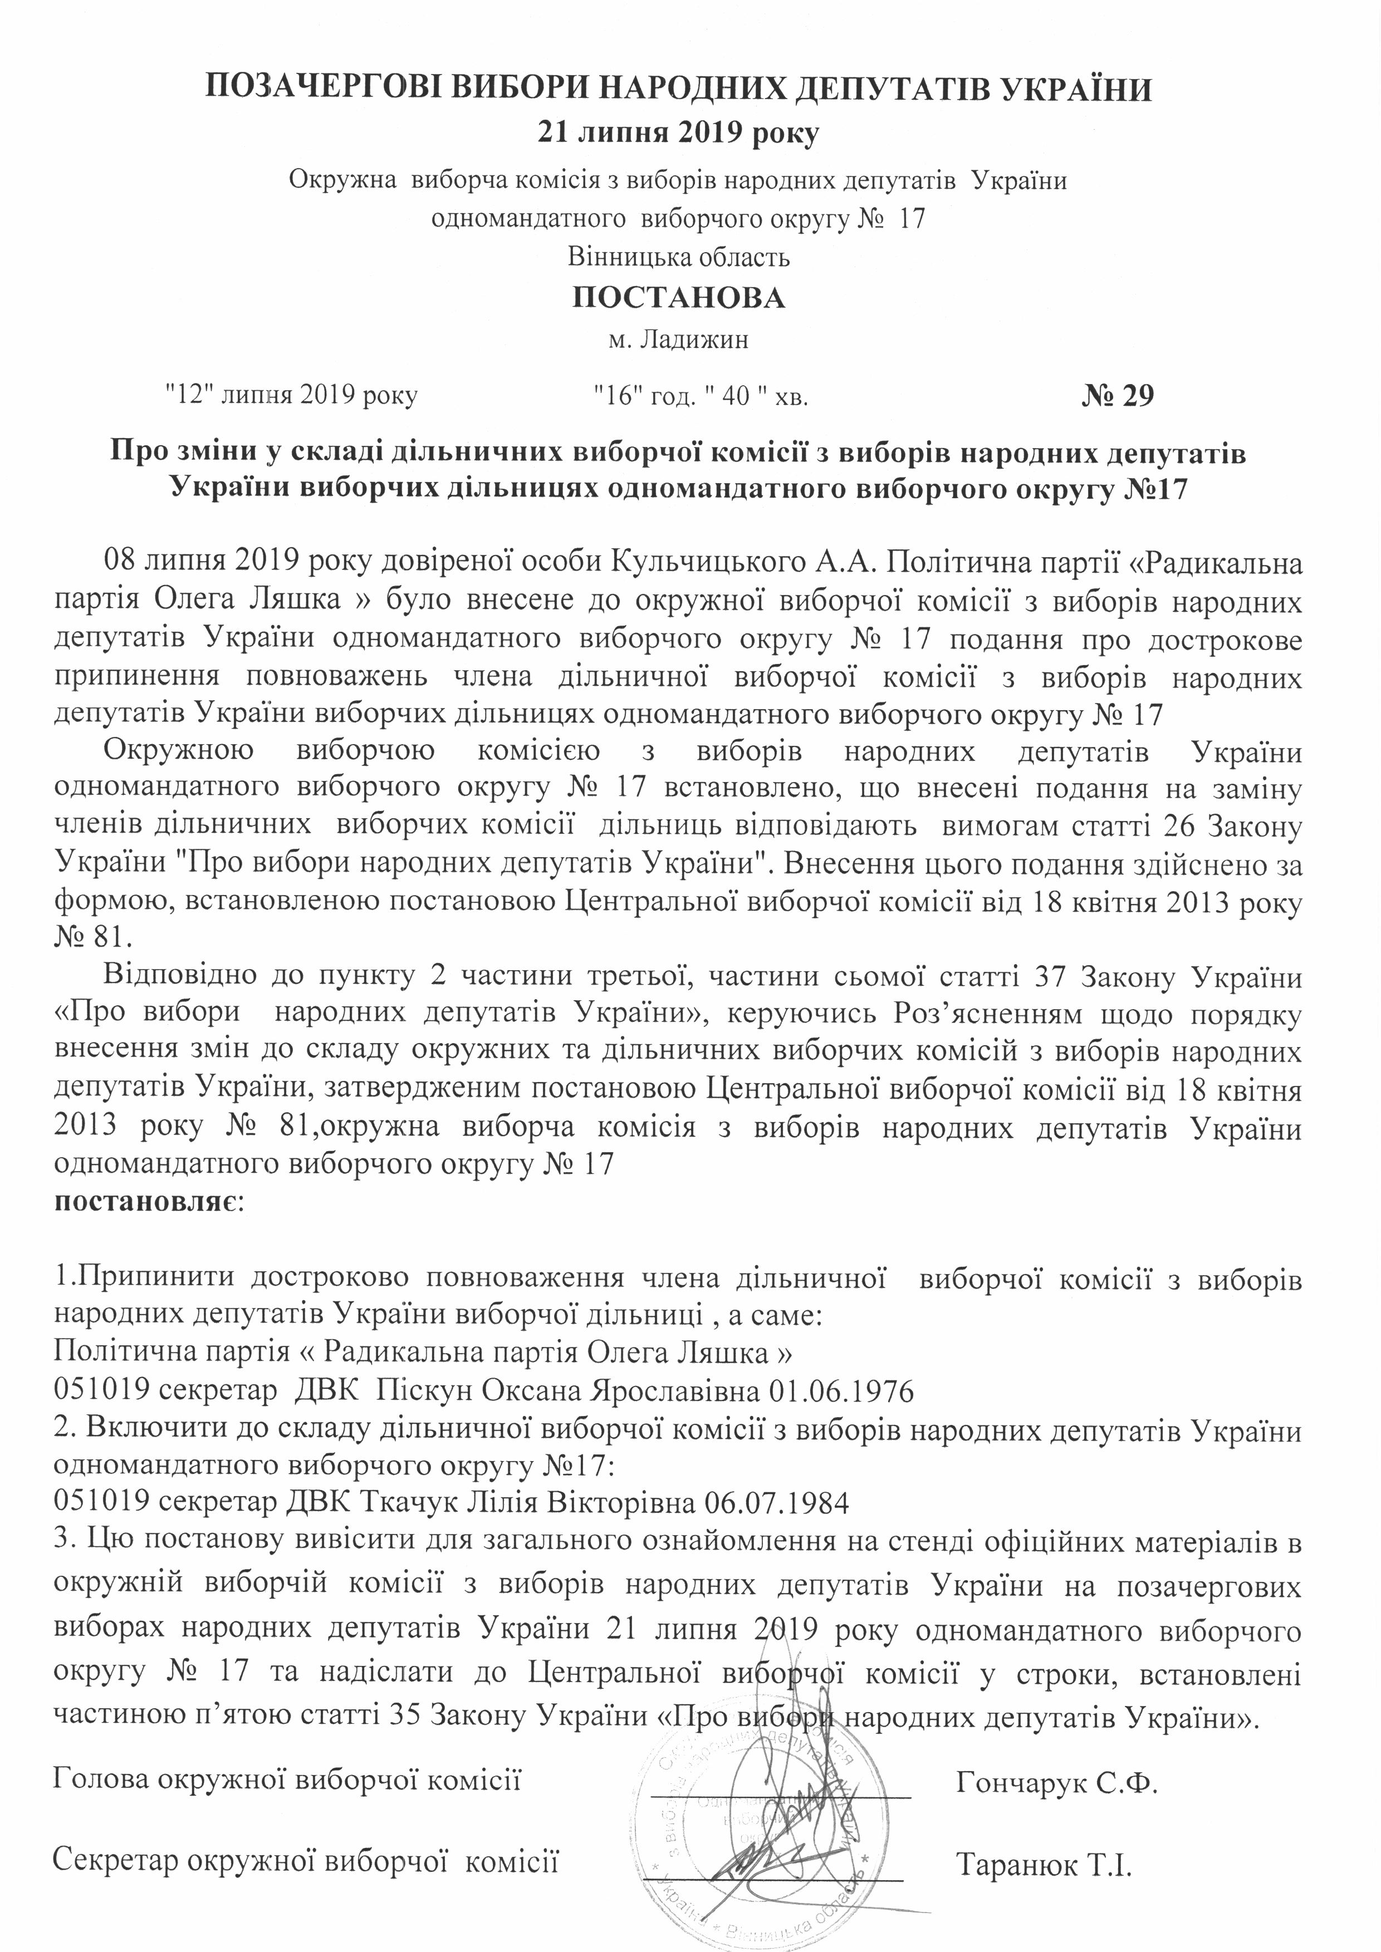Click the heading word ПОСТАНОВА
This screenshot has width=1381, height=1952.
coord(678,298)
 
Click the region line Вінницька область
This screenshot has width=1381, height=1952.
coord(679,256)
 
